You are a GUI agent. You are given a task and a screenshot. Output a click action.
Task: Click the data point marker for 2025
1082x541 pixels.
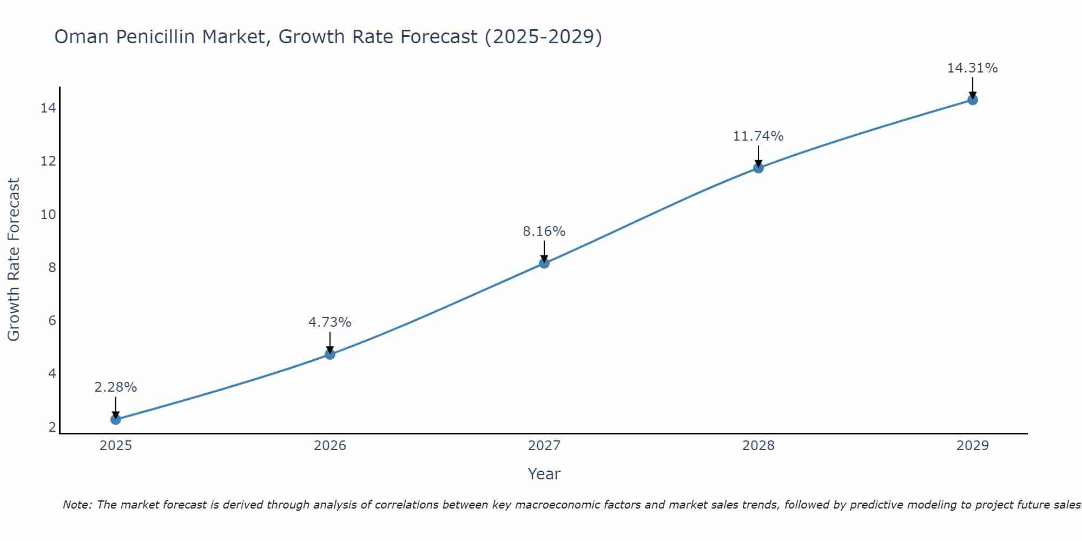(115, 419)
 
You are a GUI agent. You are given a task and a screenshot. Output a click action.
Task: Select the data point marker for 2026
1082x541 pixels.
(329, 354)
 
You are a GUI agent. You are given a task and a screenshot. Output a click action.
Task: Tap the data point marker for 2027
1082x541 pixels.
(544, 263)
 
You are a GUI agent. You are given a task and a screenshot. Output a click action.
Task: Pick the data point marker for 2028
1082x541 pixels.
(758, 168)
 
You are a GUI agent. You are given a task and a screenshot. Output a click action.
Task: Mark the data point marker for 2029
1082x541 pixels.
(972, 100)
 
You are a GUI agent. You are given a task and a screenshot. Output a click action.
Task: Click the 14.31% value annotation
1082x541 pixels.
(972, 68)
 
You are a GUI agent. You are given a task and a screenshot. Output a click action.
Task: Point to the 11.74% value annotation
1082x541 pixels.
(758, 136)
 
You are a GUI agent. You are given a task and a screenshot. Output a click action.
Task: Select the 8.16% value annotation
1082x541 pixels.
(544, 232)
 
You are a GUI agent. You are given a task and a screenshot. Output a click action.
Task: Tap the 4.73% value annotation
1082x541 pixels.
(329, 322)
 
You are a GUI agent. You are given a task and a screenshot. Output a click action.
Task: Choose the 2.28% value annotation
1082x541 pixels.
(115, 387)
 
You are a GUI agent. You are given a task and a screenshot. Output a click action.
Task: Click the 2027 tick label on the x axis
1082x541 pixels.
(544, 446)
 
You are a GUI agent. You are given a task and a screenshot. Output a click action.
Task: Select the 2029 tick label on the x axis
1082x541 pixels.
(972, 446)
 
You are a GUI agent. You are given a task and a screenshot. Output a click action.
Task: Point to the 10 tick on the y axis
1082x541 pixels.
(48, 215)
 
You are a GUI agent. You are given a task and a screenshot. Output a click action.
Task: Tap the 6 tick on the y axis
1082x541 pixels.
(52, 321)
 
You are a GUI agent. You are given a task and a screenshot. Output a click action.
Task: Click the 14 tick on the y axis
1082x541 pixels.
(48, 108)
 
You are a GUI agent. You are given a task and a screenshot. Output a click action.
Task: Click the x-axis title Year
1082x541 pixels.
(544, 474)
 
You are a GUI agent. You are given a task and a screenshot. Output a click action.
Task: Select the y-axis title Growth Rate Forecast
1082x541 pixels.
(14, 260)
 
